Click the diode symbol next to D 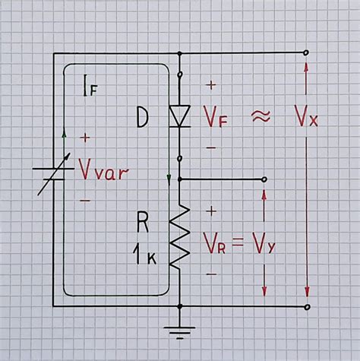pyautogui.click(x=180, y=116)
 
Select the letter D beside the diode pyautogui.click(x=142, y=117)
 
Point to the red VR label pyautogui.click(x=216, y=242)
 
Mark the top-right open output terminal pyautogui.click(x=306, y=53)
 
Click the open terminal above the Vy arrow pyautogui.click(x=264, y=179)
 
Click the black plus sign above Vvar pyautogui.click(x=84, y=138)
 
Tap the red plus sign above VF pyautogui.click(x=210, y=85)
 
